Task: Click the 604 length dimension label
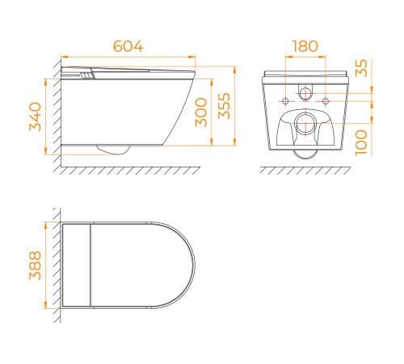(x=128, y=46)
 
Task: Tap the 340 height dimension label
(x=36, y=116)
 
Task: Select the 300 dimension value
(x=201, y=112)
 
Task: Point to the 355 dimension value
(x=224, y=106)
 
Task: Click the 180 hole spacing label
(x=305, y=46)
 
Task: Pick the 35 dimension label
(x=361, y=68)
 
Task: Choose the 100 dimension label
(x=361, y=143)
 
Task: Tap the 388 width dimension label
(x=36, y=265)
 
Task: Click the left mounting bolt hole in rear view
(x=285, y=101)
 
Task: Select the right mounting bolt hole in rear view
(x=326, y=101)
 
